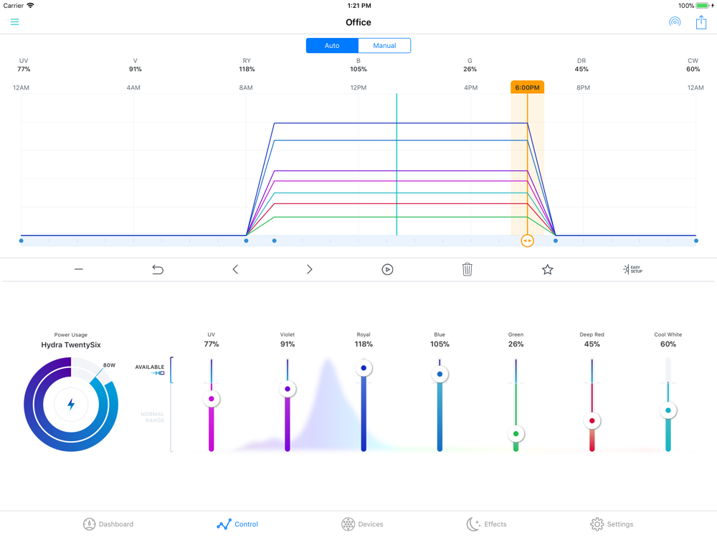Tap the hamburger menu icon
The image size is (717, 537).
14,22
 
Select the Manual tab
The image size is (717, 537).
384,46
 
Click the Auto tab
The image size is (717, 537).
332,46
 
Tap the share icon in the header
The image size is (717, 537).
701,22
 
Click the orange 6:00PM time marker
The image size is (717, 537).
527,87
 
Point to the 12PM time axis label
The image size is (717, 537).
358,88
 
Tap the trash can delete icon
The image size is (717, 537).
467,269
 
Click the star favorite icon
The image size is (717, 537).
547,269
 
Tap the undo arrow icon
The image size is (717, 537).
158,269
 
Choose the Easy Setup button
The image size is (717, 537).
632,269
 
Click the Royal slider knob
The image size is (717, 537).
364,368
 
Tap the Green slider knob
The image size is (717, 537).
516,434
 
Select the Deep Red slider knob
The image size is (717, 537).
592,421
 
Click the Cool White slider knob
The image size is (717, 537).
668,410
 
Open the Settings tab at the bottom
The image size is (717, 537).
612,524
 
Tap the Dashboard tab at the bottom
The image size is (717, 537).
108,524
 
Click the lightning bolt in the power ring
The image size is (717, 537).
71,405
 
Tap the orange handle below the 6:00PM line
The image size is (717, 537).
527,241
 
